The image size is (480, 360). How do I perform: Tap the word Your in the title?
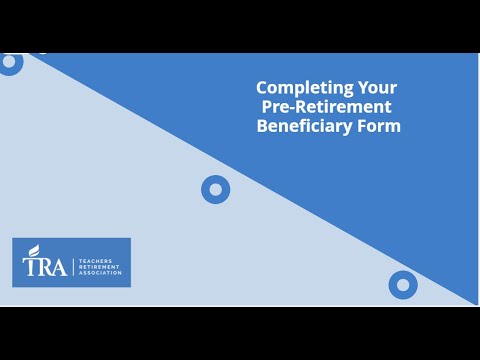[x=365, y=87]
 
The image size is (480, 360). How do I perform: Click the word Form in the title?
[x=379, y=126]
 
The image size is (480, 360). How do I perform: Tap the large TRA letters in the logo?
[x=44, y=265]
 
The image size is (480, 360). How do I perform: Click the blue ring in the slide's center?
[x=216, y=189]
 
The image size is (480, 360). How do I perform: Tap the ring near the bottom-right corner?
[x=403, y=285]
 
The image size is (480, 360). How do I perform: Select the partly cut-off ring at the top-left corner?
[x=9, y=62]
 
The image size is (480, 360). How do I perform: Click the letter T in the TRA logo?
[x=31, y=266]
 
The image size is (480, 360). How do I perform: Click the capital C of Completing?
[x=262, y=87]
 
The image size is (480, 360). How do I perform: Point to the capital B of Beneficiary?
[x=262, y=126]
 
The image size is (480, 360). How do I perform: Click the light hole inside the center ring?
[x=216, y=189]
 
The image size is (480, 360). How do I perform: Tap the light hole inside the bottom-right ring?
[x=403, y=285]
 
